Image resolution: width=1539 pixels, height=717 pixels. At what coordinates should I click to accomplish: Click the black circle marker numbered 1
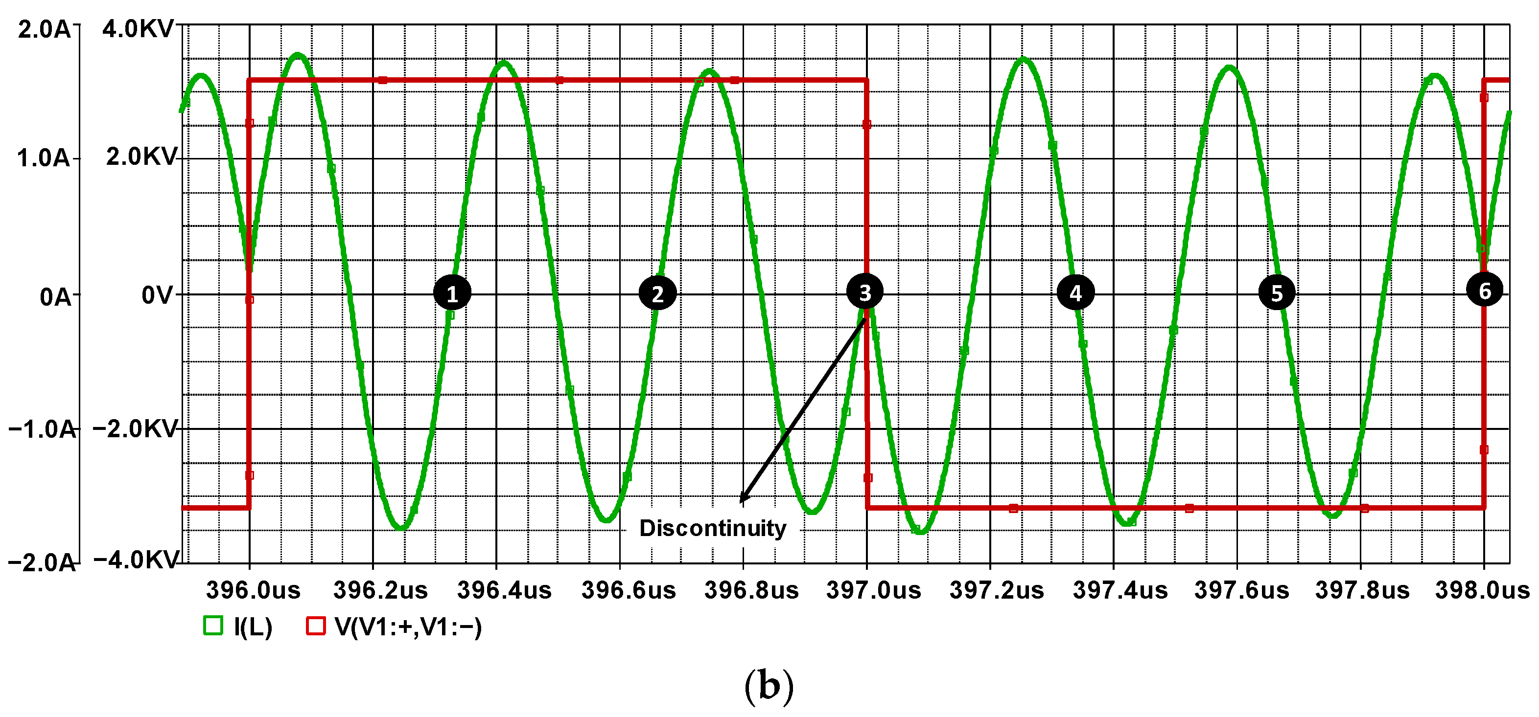coord(452,292)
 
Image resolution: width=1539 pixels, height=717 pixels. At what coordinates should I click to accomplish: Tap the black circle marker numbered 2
coord(657,292)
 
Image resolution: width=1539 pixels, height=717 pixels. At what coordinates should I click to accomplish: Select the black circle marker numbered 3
coord(864,292)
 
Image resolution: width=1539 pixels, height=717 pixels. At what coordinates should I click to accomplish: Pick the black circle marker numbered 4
coord(1075,292)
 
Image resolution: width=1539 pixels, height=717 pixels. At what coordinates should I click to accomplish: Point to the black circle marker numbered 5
coord(1277,292)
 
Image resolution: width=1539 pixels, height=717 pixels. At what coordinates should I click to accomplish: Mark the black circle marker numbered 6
coord(1485,290)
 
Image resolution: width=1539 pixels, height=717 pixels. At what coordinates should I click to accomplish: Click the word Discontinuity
coord(713,528)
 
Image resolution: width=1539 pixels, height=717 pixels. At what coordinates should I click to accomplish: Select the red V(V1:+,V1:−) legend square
coord(315,626)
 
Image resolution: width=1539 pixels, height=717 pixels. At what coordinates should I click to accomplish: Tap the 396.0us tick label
coord(253,590)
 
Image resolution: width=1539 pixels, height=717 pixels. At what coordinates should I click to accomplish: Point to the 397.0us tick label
coord(873,590)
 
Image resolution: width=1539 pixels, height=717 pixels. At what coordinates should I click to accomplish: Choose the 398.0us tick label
coord(1482,590)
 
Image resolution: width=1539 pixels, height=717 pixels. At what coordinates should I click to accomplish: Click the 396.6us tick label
coord(629,590)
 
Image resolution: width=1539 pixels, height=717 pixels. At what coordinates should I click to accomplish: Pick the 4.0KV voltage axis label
coord(138,29)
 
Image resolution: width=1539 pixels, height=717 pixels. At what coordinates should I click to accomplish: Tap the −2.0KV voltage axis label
coord(136,428)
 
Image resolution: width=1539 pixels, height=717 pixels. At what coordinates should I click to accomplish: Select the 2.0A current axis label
coord(44,29)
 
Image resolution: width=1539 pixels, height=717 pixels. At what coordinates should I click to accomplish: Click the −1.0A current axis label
coord(42,428)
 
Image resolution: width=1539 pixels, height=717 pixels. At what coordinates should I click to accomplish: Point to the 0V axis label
coord(157,295)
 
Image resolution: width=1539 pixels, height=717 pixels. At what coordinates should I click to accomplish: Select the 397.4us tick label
coord(1120,590)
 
